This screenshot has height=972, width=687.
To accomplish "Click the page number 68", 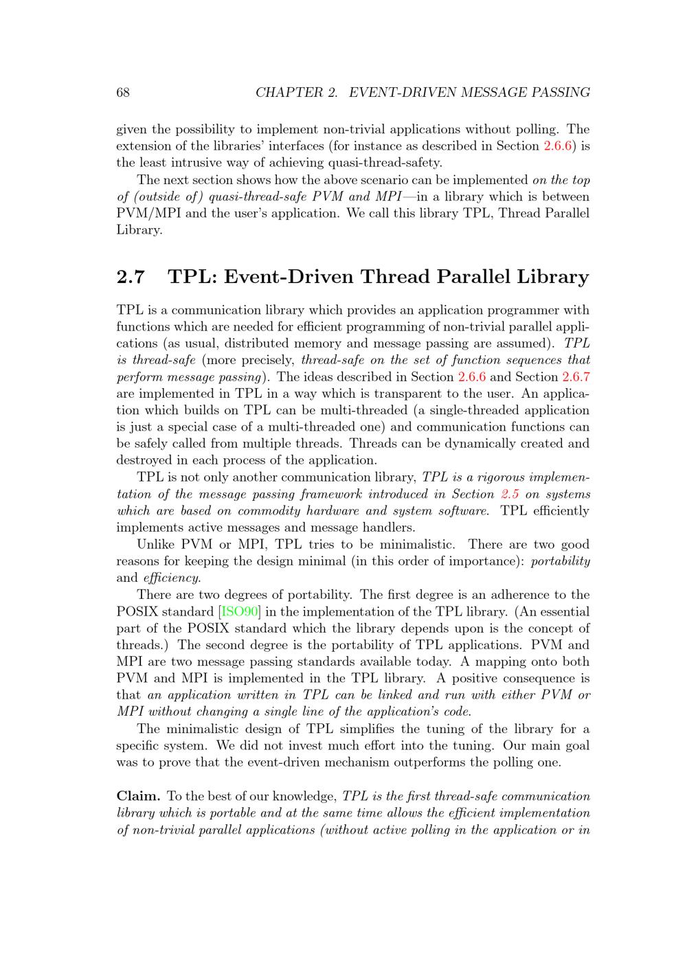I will pyautogui.click(x=123, y=93).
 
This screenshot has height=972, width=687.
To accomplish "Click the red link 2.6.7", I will pyautogui.click(x=576, y=376).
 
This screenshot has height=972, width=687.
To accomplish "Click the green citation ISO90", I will pyautogui.click(x=240, y=611).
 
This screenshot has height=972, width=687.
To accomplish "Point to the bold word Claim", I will pyautogui.click(x=139, y=796).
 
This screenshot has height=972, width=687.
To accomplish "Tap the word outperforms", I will pyautogui.click(x=420, y=762).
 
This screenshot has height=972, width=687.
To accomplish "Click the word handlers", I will pyautogui.click(x=387, y=528).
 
